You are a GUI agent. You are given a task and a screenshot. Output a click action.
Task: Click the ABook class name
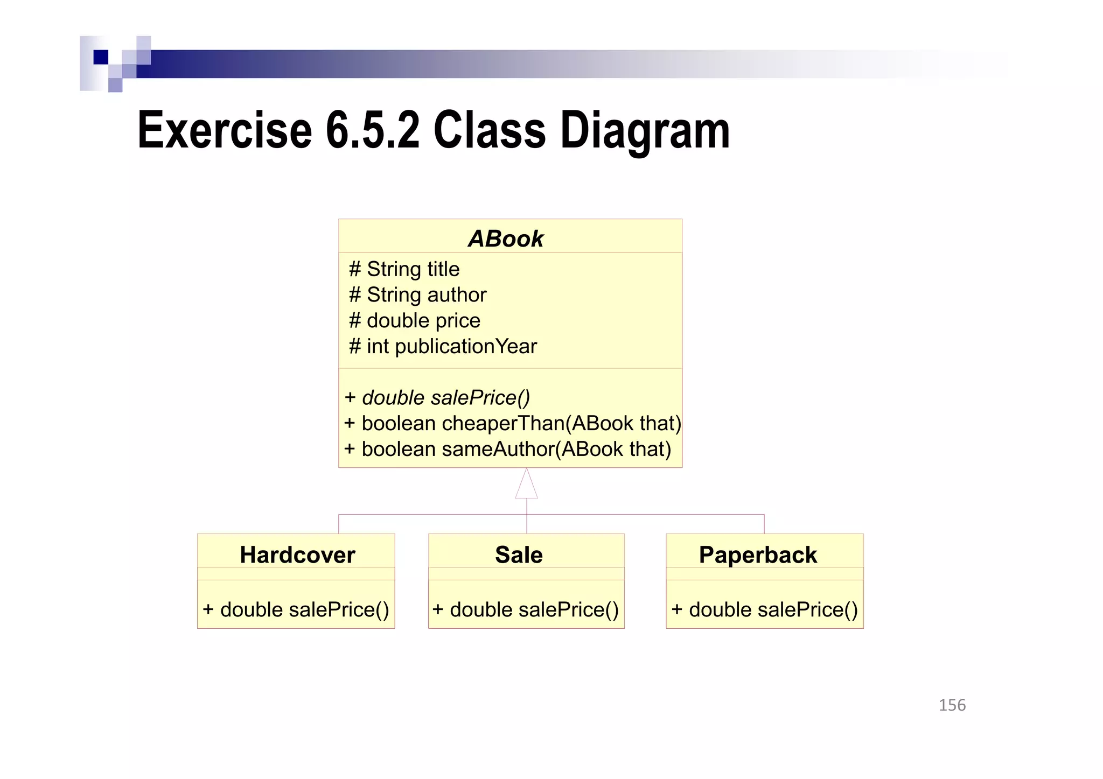[x=506, y=238]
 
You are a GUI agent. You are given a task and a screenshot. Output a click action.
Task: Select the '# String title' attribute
[x=404, y=269]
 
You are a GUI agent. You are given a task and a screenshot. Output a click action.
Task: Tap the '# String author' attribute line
[x=417, y=295]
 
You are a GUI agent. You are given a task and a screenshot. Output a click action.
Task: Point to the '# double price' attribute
[x=414, y=321]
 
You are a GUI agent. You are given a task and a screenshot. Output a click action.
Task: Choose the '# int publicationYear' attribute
[x=443, y=347]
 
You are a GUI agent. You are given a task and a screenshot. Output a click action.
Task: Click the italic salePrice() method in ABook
[x=437, y=398]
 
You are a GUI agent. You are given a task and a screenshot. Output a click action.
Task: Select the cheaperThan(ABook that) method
[x=512, y=424]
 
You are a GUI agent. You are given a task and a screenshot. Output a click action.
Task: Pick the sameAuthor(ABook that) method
[x=507, y=450]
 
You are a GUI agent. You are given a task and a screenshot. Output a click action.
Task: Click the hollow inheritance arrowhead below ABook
[x=526, y=484]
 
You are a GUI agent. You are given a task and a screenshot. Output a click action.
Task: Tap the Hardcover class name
[x=297, y=555]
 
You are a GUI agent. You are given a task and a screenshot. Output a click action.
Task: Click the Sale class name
[x=519, y=555]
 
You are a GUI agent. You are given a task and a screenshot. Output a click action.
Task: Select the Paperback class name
[x=758, y=555]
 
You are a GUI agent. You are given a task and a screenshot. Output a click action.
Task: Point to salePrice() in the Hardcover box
[x=296, y=610]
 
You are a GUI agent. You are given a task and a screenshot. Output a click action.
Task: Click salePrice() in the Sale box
[x=526, y=610]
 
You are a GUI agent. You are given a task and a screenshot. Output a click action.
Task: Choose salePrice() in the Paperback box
[x=764, y=610]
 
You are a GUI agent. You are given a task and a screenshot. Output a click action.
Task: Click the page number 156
[x=952, y=705]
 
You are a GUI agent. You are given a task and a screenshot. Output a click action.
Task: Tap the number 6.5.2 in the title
[x=372, y=130]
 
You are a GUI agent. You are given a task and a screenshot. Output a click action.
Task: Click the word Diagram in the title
[x=645, y=130]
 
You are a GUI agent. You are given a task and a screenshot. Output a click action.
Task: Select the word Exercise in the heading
[x=225, y=130]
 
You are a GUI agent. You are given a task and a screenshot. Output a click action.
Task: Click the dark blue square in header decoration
[x=101, y=57]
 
